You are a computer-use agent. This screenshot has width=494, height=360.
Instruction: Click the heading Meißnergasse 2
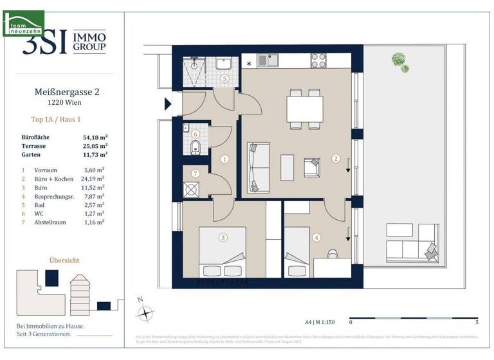(66, 92)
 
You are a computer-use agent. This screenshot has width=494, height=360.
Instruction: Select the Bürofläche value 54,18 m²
(95, 136)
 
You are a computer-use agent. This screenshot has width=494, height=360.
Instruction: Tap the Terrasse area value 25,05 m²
(95, 145)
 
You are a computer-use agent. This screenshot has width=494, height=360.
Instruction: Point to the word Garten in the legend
(33, 154)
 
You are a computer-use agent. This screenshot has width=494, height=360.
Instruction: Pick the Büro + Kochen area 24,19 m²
(93, 178)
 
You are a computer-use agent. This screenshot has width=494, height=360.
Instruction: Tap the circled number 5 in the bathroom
(224, 79)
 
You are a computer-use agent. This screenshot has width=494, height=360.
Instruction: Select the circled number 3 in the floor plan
(223, 238)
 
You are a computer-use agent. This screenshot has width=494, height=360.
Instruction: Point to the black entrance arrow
(169, 104)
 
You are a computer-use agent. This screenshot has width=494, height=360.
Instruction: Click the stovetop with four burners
(318, 60)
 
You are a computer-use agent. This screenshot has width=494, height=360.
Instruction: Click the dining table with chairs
(305, 109)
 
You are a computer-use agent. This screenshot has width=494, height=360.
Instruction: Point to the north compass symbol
(147, 312)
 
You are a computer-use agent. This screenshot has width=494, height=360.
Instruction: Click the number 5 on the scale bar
(477, 322)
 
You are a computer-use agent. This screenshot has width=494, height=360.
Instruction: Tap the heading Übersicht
(64, 260)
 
